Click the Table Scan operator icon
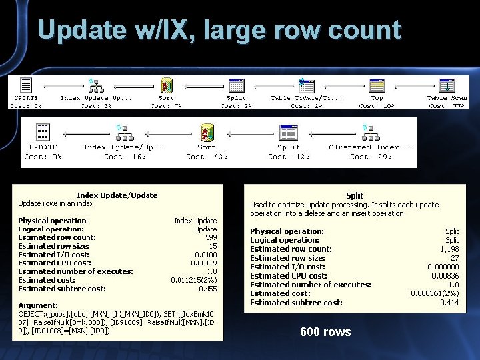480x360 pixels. pos(447,86)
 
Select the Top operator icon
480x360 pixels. pos(377,86)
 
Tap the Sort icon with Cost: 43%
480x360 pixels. pos(207,132)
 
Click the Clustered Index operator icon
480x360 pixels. pos(370,132)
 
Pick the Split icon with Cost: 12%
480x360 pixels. pos(288,132)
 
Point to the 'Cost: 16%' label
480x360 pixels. pos(125,157)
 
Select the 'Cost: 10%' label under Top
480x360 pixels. pos(377,106)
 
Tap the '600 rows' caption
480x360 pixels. pos(325,332)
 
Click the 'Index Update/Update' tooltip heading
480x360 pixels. pos(117,195)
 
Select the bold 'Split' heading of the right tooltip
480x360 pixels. pos(354,195)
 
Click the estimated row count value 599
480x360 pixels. pos(210,237)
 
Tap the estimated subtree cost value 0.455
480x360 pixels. pos(207,289)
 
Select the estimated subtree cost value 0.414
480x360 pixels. pos(449,302)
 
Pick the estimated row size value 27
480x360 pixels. pos(453,257)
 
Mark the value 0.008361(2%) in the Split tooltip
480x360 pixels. pos(434,293)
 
